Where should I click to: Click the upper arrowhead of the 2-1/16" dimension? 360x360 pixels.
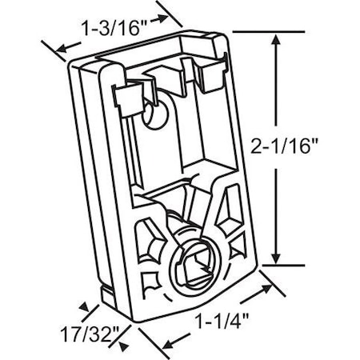click(278, 40)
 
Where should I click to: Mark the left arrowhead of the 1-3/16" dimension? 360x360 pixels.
click(57, 50)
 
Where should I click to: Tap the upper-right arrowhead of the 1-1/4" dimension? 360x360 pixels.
click(267, 276)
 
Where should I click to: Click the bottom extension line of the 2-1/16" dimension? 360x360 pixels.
click(284, 264)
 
